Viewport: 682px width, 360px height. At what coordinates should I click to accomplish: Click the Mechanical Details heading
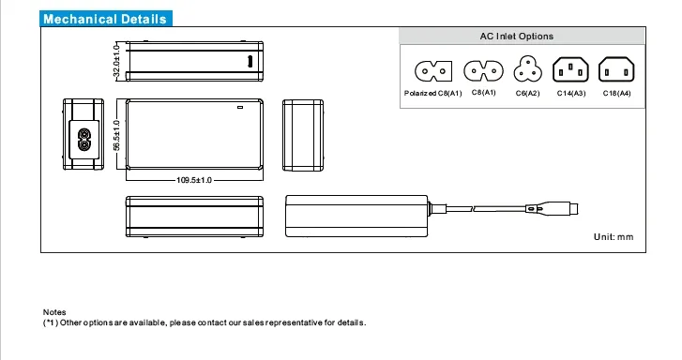105,19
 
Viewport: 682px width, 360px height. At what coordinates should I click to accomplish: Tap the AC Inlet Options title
517,37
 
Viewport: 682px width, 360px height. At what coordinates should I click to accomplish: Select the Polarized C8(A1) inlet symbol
433,71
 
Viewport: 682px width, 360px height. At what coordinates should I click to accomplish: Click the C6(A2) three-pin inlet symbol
527,69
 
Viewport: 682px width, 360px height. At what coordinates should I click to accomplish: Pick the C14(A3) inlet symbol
570,69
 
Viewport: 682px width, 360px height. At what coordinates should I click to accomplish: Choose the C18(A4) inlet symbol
616,69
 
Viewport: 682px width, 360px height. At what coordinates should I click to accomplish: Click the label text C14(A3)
571,94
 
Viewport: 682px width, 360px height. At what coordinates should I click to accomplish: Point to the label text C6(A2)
527,94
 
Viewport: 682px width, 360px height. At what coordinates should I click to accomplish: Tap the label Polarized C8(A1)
432,94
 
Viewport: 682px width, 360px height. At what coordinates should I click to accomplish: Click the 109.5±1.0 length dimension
194,180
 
